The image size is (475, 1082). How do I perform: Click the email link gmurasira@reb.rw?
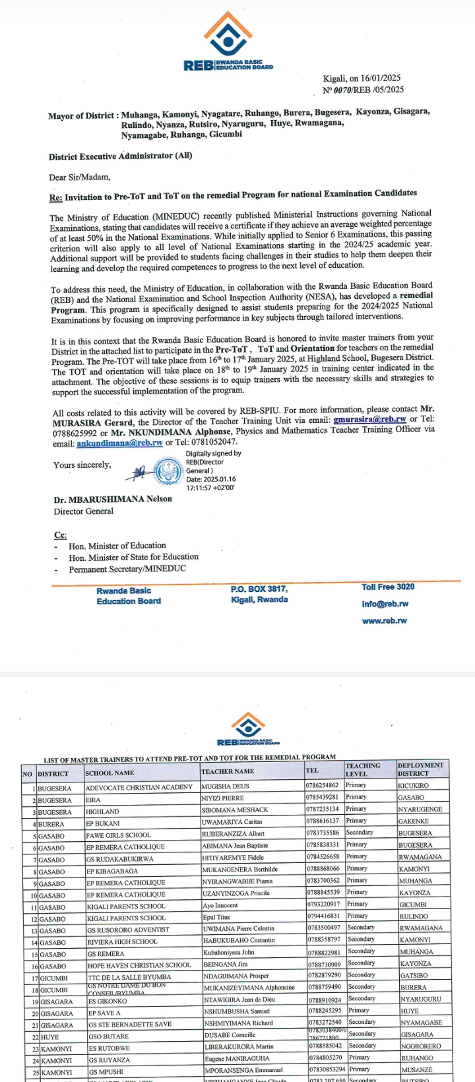[369, 419]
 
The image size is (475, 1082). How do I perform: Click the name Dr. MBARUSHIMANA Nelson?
[113, 499]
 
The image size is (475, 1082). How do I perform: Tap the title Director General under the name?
[84, 511]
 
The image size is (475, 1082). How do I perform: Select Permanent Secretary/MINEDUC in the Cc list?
[127, 569]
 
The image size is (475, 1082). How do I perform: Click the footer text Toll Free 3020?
[388, 587]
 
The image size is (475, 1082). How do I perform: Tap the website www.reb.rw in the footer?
[384, 621]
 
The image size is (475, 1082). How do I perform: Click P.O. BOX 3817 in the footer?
[259, 589]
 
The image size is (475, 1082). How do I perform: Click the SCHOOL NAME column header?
[110, 773]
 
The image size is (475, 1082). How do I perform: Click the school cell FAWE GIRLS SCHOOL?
[119, 835]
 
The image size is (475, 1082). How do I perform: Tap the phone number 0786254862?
[323, 786]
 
